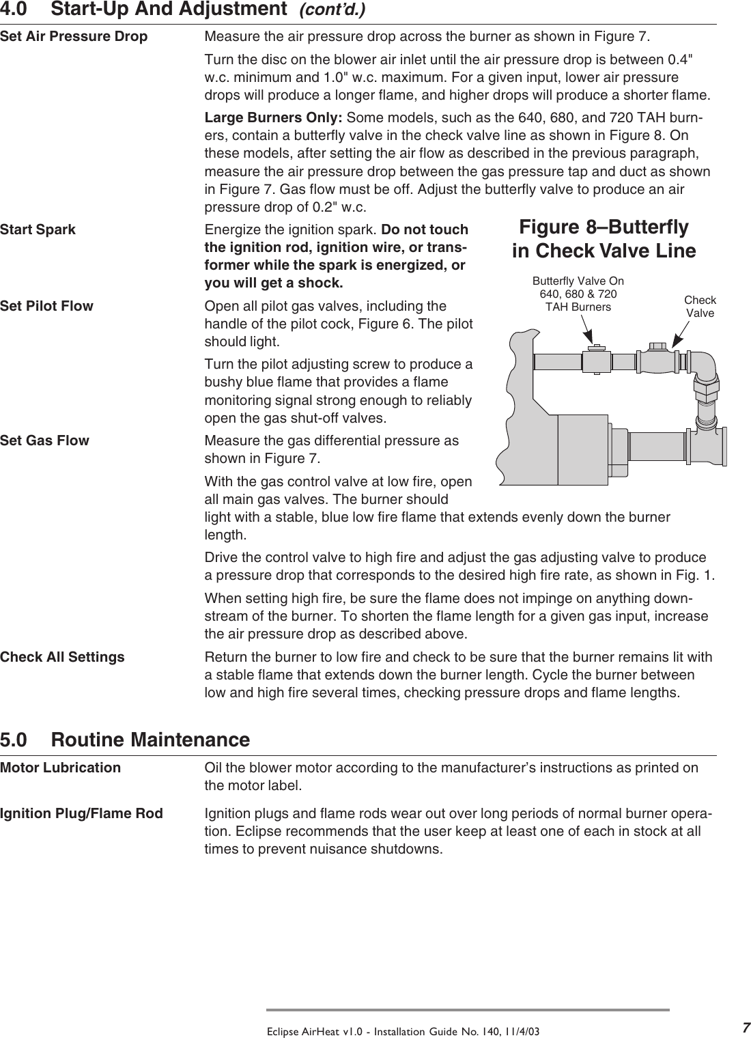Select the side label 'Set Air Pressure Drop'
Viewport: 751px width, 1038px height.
coord(74,36)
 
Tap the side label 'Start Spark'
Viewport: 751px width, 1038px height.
coord(38,229)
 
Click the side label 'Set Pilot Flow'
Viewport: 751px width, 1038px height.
coord(47,306)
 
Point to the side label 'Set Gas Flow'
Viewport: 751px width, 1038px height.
coord(45,440)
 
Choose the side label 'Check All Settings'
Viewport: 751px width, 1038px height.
coord(63,658)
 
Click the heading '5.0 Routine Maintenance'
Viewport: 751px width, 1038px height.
coord(125,740)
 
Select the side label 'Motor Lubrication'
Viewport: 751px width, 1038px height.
coord(61,768)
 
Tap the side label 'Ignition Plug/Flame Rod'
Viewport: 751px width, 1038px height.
coord(82,813)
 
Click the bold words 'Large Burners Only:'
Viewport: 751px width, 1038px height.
coord(274,119)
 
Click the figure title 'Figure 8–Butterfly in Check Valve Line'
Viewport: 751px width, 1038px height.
coord(604,239)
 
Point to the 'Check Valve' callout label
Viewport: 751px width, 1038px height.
coord(700,307)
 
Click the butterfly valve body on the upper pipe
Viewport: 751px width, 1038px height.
coord(595,360)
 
